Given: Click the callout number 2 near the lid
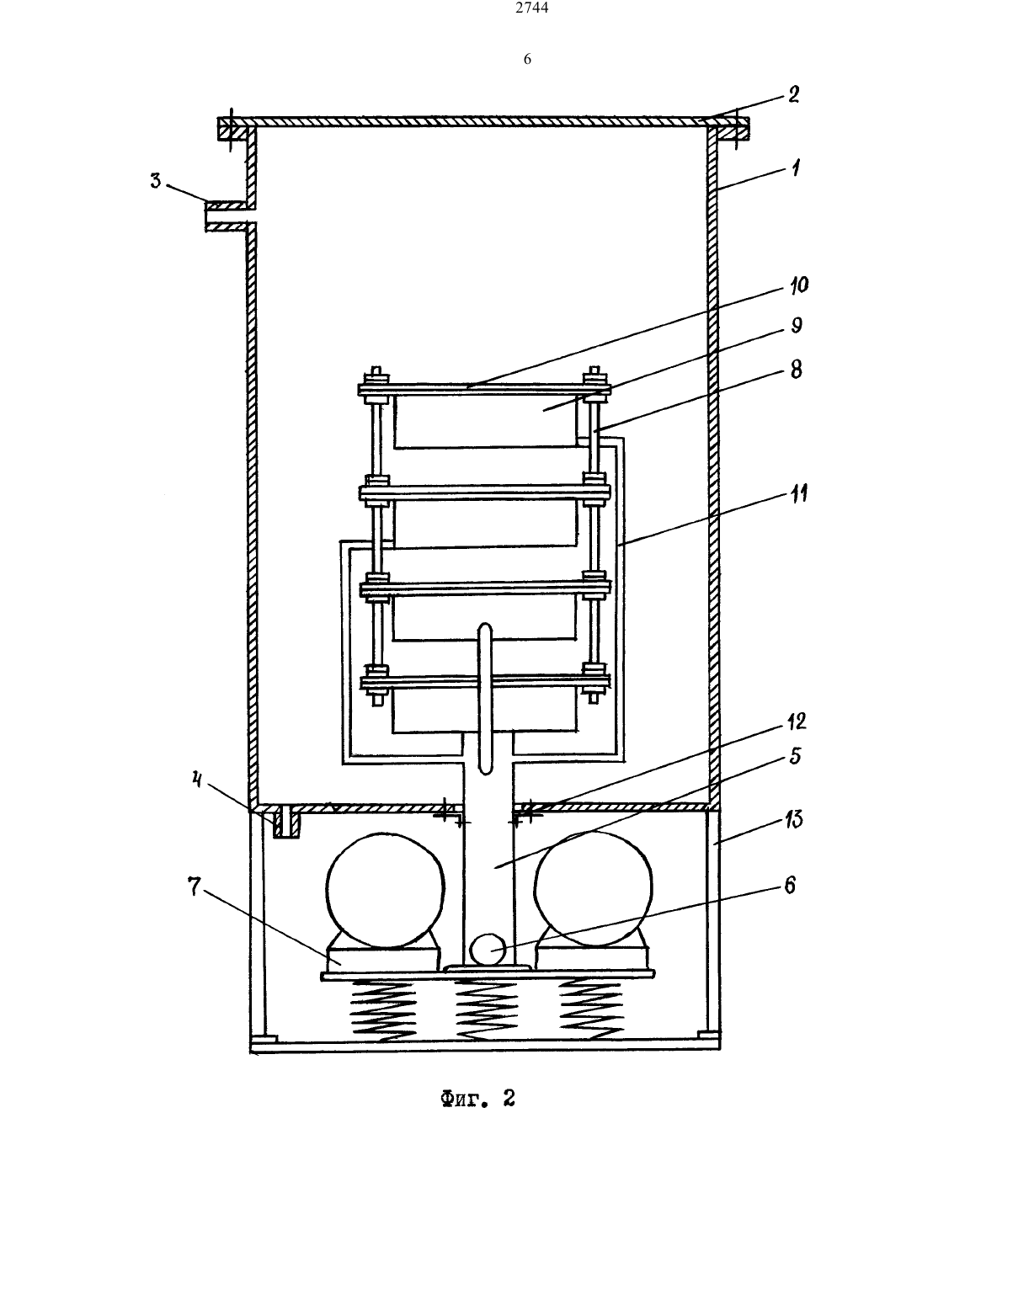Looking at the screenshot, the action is click(x=793, y=94).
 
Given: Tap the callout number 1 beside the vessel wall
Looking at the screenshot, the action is click(x=796, y=168).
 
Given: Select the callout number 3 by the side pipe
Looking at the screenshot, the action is click(x=156, y=180).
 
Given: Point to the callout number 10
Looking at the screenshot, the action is click(x=799, y=285).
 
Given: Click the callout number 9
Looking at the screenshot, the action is click(x=797, y=326).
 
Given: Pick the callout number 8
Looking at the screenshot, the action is click(x=797, y=370).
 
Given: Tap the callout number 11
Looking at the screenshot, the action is click(x=798, y=494).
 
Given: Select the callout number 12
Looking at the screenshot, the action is click(x=797, y=722).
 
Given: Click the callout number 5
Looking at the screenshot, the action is click(x=795, y=756).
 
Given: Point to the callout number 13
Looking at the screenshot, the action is click(x=793, y=819).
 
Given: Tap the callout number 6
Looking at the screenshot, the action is click(x=790, y=885).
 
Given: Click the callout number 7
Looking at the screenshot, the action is click(x=194, y=887).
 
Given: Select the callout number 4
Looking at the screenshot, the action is click(x=196, y=780).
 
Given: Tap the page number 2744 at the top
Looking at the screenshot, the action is click(x=532, y=8).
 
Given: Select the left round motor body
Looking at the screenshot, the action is click(x=385, y=888).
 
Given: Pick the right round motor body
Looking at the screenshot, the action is click(x=594, y=888).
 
